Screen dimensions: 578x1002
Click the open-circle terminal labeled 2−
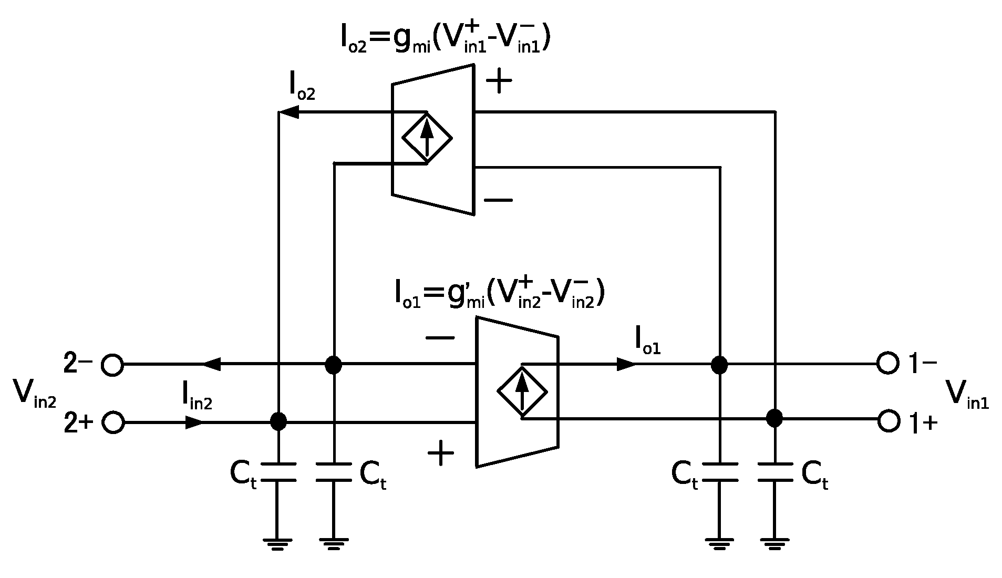coord(112,364)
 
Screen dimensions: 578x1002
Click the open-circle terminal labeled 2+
coord(113,422)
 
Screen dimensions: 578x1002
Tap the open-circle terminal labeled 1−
coord(887,363)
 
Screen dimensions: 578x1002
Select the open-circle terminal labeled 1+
coord(889,421)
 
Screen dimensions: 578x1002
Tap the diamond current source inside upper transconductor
coord(427,137)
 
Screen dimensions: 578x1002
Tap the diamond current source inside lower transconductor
coord(522,391)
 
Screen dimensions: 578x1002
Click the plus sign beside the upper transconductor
coord(499,82)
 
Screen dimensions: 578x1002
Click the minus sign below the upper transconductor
coord(498,200)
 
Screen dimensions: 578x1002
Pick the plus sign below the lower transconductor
coord(441,453)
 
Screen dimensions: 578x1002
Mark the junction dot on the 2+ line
coord(278,421)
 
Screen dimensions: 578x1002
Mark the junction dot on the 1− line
coord(719,364)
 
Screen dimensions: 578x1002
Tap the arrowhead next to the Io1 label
coord(627,364)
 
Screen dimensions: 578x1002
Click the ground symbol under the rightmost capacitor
coord(774,543)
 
